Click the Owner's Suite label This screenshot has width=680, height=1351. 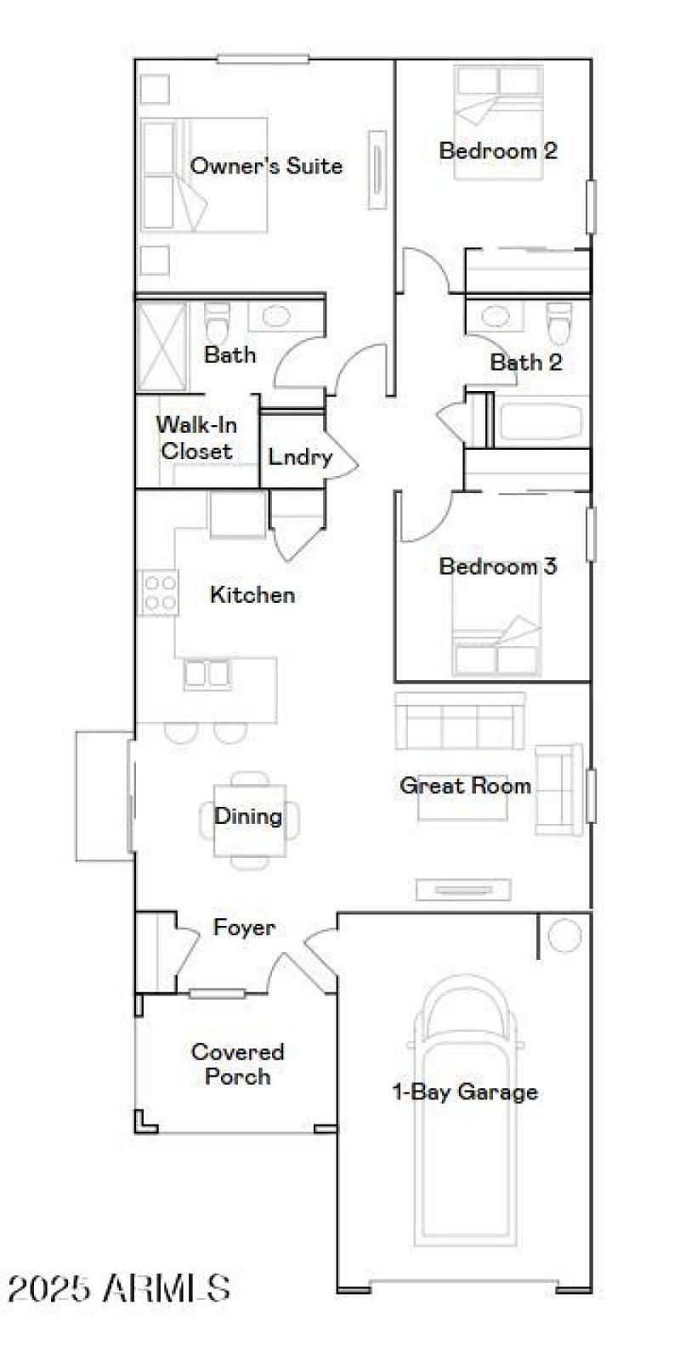tap(266, 165)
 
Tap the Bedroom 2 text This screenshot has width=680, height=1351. tap(498, 150)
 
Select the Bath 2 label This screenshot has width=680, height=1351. tap(526, 362)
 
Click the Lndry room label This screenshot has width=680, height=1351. tap(299, 457)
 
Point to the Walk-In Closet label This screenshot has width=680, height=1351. tap(196, 437)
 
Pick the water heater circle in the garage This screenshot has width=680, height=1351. tap(564, 936)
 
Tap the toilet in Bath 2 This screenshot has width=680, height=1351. tap(558, 321)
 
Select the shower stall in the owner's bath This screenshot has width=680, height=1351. tap(161, 344)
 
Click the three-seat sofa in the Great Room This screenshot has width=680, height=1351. tap(460, 720)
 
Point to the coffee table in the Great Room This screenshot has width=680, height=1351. tap(462, 803)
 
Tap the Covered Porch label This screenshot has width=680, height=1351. tap(237, 1064)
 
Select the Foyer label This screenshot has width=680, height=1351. tap(244, 927)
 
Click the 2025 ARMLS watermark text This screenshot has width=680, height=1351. tap(119, 1288)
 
